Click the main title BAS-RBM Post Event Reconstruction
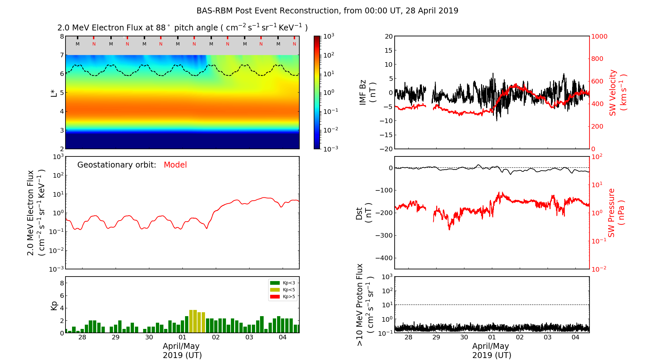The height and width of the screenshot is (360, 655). [x=327, y=11]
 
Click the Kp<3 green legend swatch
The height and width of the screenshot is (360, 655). [x=275, y=283]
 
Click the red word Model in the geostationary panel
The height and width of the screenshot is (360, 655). [x=175, y=165]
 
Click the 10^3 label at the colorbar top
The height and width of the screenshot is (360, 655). [x=329, y=36]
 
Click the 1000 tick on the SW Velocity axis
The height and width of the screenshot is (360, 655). [x=599, y=36]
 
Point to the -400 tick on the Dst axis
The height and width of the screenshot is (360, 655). [x=384, y=258]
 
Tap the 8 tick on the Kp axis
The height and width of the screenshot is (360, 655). [x=62, y=283]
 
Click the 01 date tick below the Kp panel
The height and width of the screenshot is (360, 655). [x=182, y=337]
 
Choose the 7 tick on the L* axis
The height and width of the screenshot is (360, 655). [x=62, y=55]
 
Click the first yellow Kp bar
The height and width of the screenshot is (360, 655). [x=191, y=321]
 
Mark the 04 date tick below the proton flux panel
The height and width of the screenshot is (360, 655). [x=575, y=337]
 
